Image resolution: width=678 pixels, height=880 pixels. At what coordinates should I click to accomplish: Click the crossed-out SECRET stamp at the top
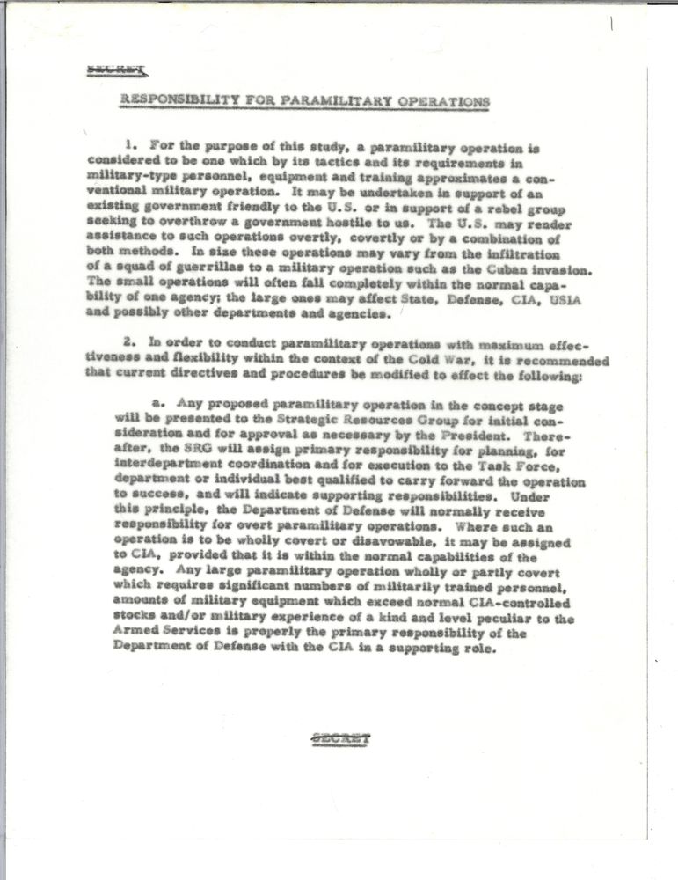[x=117, y=69]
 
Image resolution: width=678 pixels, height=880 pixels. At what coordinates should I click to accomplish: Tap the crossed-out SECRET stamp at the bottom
[x=341, y=737]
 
